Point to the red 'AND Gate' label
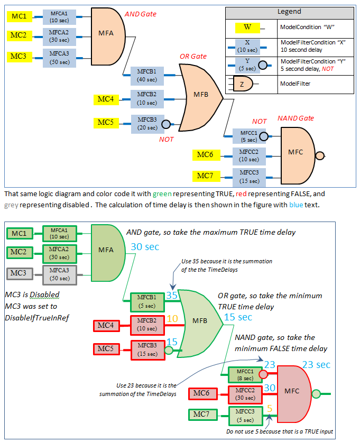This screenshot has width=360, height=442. (x=141, y=14)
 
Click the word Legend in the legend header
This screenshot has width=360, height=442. (x=289, y=12)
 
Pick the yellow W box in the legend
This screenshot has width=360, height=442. (x=247, y=27)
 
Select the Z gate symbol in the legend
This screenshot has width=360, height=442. (x=243, y=83)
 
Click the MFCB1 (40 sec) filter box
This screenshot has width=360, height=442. (x=146, y=75)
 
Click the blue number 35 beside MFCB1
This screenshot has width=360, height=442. (x=172, y=296)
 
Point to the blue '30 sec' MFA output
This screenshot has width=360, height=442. (x=145, y=246)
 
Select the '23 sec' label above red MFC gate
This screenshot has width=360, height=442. (x=316, y=365)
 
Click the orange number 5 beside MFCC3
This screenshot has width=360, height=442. (x=270, y=408)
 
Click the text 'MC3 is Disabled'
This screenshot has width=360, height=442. (x=32, y=294)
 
